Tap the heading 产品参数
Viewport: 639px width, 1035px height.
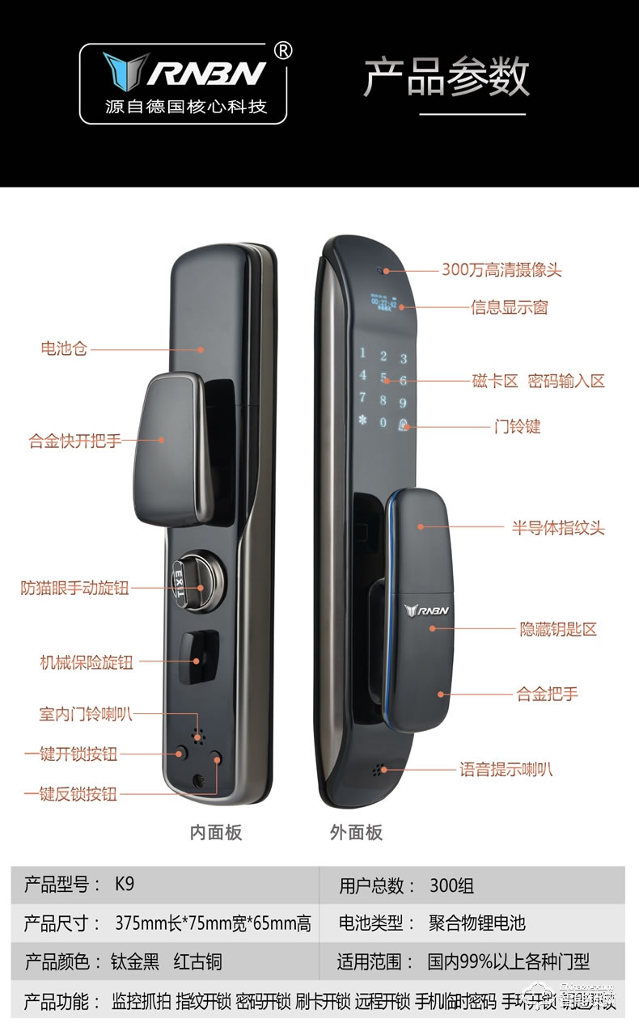coord(446,77)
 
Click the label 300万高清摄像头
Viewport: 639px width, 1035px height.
coord(501,270)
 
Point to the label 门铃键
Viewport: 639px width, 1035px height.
coord(518,426)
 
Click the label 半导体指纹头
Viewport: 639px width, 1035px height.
coord(558,528)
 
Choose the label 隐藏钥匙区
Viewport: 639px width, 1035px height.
coord(558,629)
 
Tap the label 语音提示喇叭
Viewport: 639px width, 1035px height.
coord(506,769)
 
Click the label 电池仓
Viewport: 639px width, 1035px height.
coord(64,349)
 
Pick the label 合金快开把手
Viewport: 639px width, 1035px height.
coord(75,441)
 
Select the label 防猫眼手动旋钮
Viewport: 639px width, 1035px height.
coord(75,588)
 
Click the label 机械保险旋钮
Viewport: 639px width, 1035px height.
coord(87,662)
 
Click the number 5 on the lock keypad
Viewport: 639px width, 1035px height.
coord(384,378)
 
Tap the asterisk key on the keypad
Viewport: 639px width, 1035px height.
coord(363,423)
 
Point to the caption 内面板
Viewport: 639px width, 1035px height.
coord(216,832)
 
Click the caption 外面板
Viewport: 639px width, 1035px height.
coord(356,832)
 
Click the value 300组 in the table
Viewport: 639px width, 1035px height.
coord(452,885)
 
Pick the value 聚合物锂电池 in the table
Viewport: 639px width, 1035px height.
coord(477,923)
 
